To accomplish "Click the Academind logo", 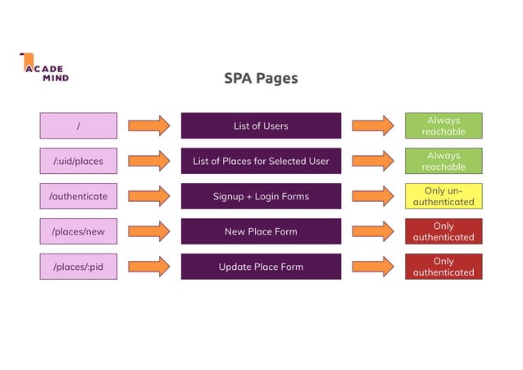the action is pos(44,67).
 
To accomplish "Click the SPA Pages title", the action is pos(261,79).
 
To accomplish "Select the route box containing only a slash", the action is pos(79,126).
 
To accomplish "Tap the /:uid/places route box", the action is pos(79,161).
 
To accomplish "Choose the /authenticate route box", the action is pos(79,196).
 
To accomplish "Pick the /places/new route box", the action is pos(79,231).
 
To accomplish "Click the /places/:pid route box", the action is pos(79,267).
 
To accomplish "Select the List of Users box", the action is pos(261,126).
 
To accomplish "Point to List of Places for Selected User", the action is pos(261,161).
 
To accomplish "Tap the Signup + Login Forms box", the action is pos(261,196).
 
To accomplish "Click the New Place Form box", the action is pos(261,231).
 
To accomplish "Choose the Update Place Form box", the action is pos(261,267).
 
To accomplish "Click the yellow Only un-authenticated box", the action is pos(443,196).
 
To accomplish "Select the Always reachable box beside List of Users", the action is pos(443,126).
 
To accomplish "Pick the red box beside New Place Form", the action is pos(443,231).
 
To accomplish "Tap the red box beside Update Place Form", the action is pos(443,267).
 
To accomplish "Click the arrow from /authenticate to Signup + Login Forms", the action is pos(149,196).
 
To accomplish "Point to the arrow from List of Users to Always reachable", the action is pos(373,126).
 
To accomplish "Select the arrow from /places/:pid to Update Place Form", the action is pos(149,267).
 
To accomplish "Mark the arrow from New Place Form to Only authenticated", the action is pos(373,231).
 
